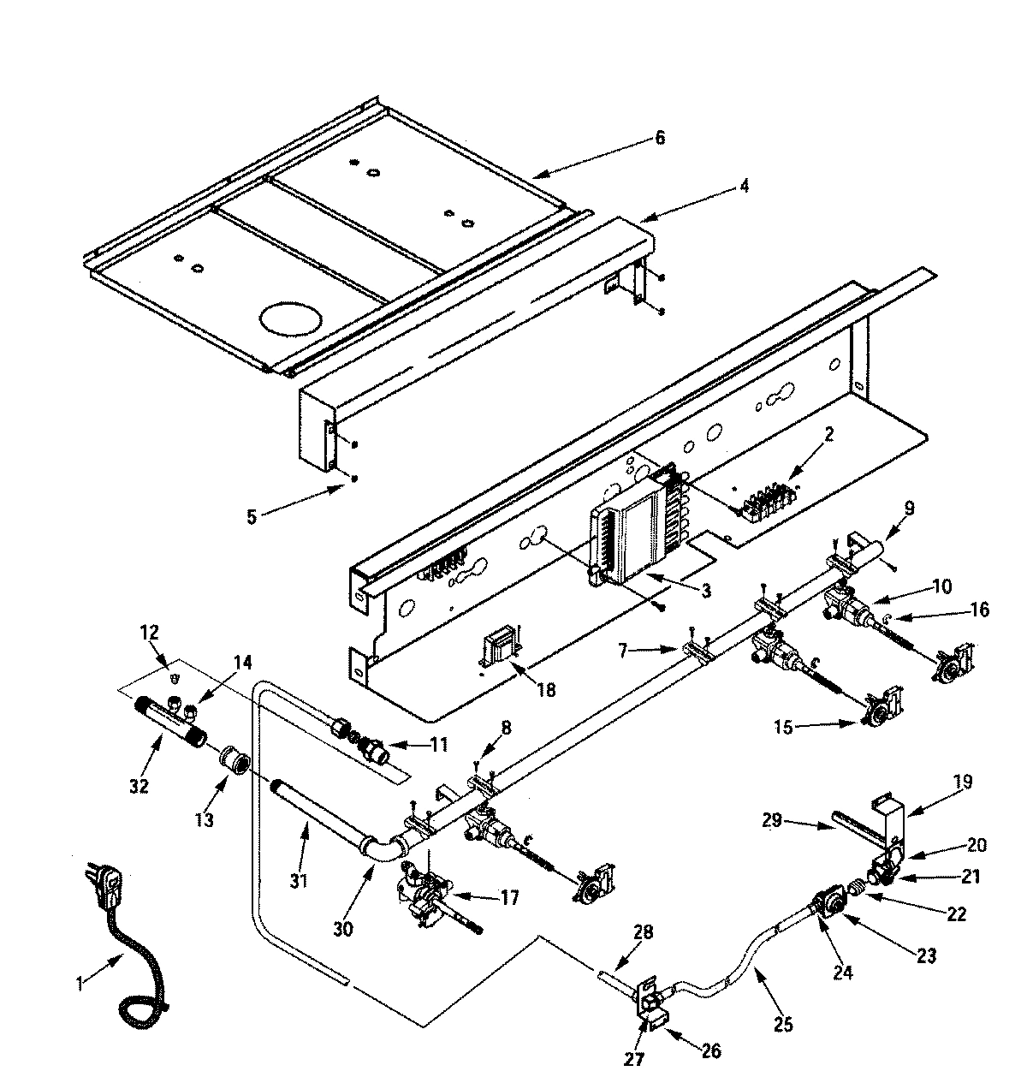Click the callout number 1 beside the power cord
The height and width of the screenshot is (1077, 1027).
pos(80,984)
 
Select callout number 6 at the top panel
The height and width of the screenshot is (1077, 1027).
pos(659,137)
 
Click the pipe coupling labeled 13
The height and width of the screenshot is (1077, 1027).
pos(232,759)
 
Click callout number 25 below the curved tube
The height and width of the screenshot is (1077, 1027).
pos(782,1022)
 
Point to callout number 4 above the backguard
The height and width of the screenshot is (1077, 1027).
pos(744,185)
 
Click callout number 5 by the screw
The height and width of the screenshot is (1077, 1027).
pos(252,516)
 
